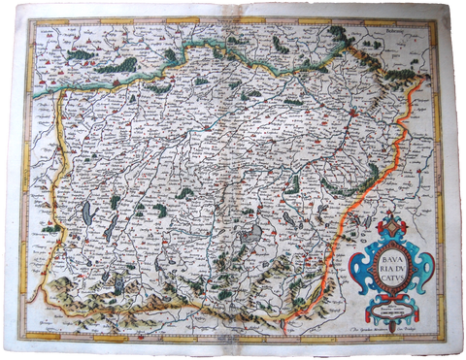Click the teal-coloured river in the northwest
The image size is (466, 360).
[x=97, y=82]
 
